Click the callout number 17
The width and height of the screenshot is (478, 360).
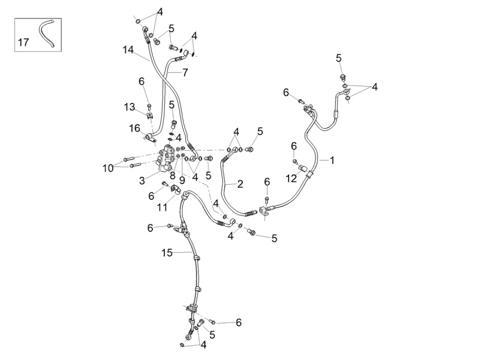pyautogui.click(x=23, y=42)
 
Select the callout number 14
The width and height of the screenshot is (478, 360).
pyautogui.click(x=128, y=50)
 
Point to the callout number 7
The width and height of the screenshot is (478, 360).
pyautogui.click(x=185, y=72)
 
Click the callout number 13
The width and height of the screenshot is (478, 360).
pyautogui.click(x=129, y=107)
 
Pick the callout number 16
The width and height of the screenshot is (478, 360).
pyautogui.click(x=134, y=129)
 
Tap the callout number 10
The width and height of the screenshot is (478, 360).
pyautogui.click(x=108, y=168)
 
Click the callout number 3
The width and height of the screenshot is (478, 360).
pyautogui.click(x=142, y=181)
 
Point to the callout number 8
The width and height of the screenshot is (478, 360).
pyautogui.click(x=173, y=175)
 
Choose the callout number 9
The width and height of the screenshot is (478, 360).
pyautogui.click(x=182, y=181)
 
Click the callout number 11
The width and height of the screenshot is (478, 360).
pyautogui.click(x=162, y=208)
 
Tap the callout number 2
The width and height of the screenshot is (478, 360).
pyautogui.click(x=240, y=184)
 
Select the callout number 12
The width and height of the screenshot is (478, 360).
pyautogui.click(x=292, y=178)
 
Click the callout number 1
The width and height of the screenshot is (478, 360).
pyautogui.click(x=332, y=160)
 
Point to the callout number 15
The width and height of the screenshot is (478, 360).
pyautogui.click(x=167, y=253)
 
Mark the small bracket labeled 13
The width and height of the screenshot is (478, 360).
pyautogui.click(x=149, y=115)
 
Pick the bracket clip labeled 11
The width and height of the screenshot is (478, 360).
pyautogui.click(x=174, y=189)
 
